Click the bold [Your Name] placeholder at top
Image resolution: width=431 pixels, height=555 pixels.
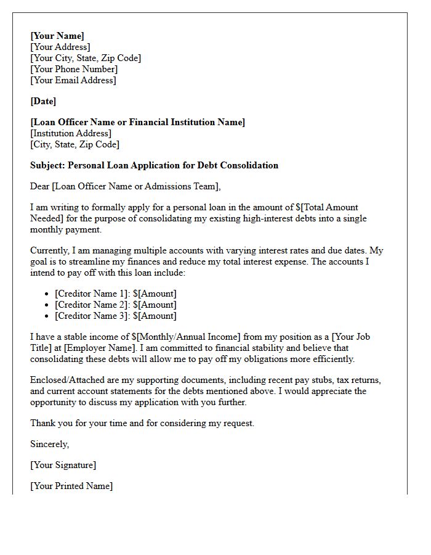click(x=57, y=36)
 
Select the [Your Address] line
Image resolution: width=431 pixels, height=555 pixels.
click(x=60, y=47)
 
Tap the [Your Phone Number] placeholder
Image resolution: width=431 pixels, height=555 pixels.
click(x=73, y=69)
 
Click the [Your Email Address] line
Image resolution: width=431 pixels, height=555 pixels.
click(x=73, y=80)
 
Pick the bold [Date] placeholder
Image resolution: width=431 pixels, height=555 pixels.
click(x=43, y=101)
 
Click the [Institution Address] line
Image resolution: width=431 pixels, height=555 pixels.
click(x=71, y=133)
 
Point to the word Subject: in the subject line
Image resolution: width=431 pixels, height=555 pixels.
click(x=47, y=165)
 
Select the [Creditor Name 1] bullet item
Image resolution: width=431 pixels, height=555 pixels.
click(x=115, y=294)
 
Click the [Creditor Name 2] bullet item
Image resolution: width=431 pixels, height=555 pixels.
click(x=115, y=305)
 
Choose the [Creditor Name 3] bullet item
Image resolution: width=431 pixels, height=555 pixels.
click(x=115, y=316)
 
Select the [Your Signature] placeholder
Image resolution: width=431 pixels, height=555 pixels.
click(x=63, y=465)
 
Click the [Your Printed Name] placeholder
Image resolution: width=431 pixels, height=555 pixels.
click(x=71, y=486)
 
